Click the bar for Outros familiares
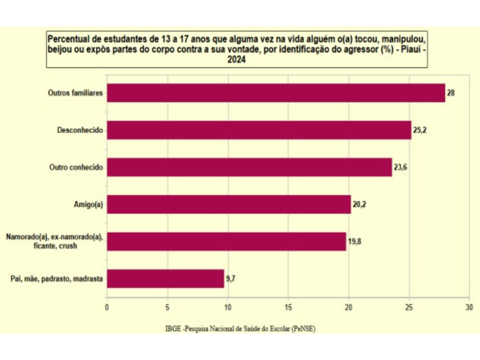pos(276,93)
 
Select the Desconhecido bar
pos(259,130)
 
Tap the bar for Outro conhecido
pos(249,167)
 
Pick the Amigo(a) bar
pos(228,204)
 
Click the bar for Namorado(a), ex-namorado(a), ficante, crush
pos(226,241)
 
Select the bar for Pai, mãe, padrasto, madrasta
pos(165,279)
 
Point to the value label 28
pos(451,93)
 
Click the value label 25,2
pos(420,130)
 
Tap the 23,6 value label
pos(401,168)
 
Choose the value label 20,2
pos(360,205)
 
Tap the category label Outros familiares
pos(77,93)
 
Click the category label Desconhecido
pos(80,130)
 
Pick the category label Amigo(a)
pos(89,205)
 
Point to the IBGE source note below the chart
pos(240,329)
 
